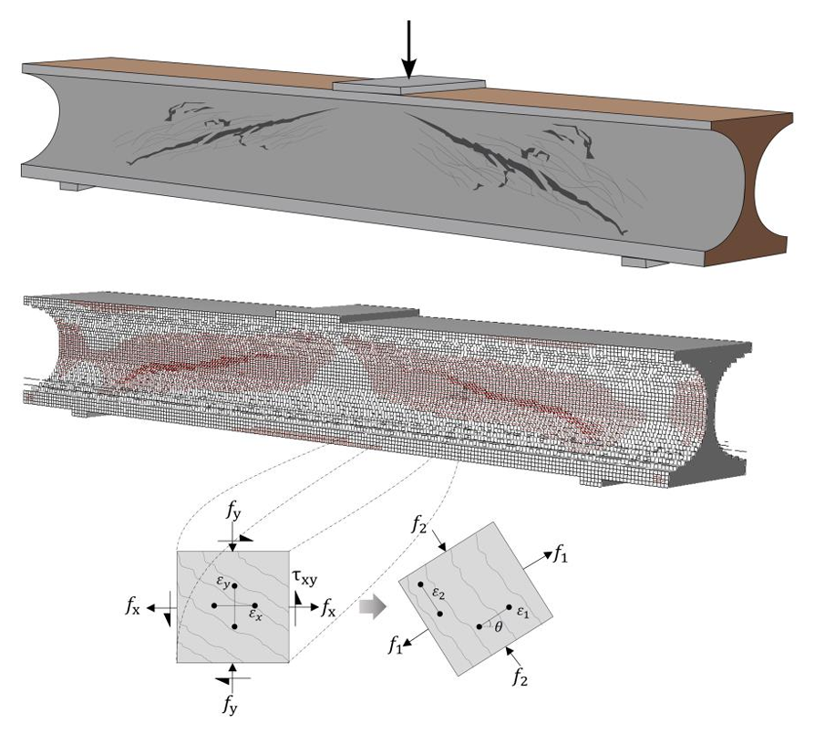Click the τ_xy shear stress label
pos(304,576)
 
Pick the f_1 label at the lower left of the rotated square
pos(394,647)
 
